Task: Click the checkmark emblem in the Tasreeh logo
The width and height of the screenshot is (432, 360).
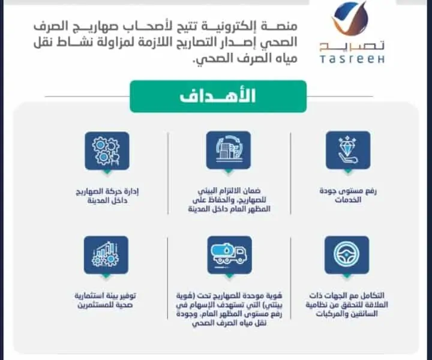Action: point(350,19)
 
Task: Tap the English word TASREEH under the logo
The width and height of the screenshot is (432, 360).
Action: point(352,59)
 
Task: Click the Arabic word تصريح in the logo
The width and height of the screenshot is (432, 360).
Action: point(352,46)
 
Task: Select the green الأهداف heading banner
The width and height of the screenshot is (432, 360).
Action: point(218,97)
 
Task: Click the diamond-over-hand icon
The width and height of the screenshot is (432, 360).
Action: point(348,151)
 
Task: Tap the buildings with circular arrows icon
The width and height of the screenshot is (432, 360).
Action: point(229,151)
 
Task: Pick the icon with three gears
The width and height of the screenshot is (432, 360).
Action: point(107,151)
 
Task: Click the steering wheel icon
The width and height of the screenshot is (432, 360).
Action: point(347,255)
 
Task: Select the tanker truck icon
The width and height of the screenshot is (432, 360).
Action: point(229,255)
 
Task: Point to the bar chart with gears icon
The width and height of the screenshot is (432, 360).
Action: point(106,255)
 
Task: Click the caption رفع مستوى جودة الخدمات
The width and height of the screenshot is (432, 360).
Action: point(348,195)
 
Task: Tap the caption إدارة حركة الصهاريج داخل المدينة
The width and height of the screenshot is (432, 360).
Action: point(107,196)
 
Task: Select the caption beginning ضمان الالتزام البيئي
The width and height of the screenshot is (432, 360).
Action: point(229,200)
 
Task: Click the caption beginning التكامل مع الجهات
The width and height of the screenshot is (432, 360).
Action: point(347,304)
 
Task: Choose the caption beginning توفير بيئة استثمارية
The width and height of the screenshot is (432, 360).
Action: point(106,300)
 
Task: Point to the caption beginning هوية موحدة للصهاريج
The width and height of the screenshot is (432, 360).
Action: point(229,309)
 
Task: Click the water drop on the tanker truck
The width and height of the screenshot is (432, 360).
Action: point(226,251)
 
